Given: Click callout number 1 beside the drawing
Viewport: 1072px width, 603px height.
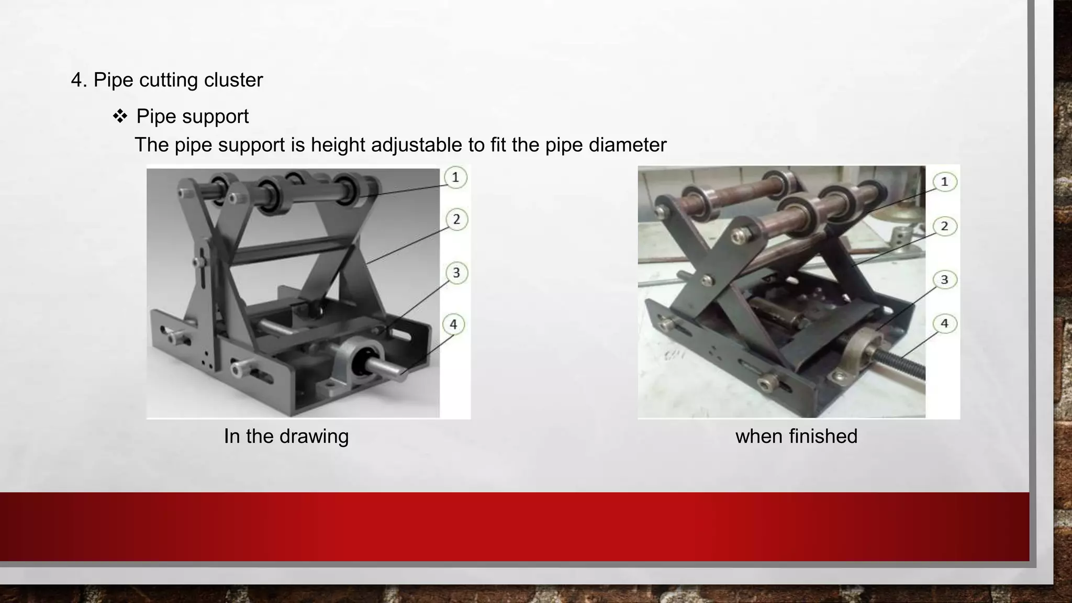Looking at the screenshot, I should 455,177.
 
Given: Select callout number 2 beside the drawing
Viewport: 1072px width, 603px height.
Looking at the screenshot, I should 456,219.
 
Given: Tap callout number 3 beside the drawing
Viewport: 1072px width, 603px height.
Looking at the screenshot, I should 456,273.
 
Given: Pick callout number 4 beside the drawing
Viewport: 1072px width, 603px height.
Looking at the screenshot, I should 453,325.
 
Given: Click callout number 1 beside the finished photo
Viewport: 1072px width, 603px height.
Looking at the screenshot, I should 944,182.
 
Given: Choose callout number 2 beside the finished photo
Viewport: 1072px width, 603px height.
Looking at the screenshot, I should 944,226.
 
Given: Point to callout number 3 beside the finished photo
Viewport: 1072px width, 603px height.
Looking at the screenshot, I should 944,280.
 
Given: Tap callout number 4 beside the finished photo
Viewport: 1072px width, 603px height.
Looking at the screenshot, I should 944,323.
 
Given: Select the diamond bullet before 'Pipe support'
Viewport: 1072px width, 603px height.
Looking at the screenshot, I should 120,116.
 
